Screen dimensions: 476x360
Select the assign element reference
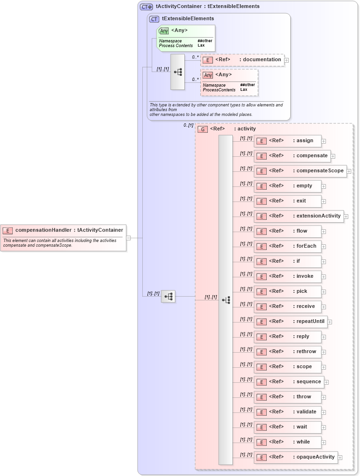coord(287,141)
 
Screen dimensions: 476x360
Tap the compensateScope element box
coord(300,171)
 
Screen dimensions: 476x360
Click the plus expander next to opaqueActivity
coord(340,457)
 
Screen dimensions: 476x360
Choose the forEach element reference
coord(287,246)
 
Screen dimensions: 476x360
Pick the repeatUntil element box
coord(290,322)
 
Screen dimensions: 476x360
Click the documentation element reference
coord(242,60)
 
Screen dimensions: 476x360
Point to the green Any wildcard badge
coord(164,31)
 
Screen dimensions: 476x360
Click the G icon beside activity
coord(202,129)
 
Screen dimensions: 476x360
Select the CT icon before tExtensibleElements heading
coord(154,19)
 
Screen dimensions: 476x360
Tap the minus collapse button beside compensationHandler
coord(129,238)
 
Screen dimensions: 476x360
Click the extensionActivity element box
coord(299,216)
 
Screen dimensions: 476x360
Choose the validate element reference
coord(287,412)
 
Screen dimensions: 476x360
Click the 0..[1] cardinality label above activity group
coord(188,125)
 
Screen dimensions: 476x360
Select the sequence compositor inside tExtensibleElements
coord(178,72)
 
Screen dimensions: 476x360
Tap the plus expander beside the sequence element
coord(326,382)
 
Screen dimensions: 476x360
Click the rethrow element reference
coord(287,352)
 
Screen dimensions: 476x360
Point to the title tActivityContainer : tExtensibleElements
coord(207,7)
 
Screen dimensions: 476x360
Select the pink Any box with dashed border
coord(229,82)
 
